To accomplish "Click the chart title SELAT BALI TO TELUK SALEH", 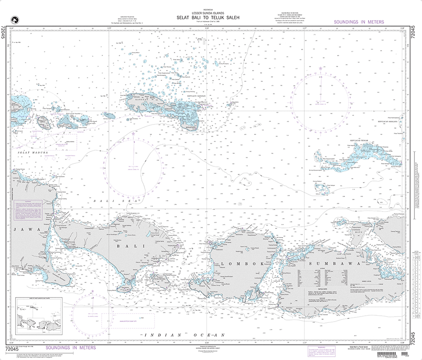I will tap(208, 18).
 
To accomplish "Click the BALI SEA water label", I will tap(116, 201).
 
